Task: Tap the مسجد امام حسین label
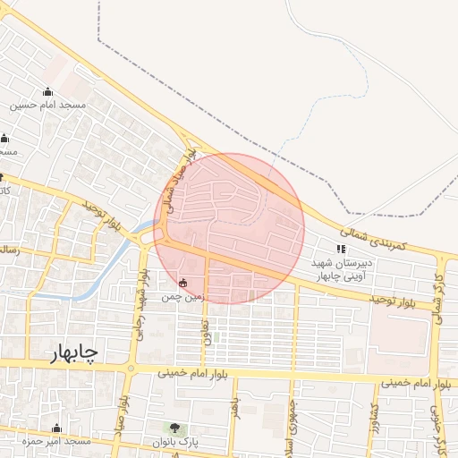(48, 106)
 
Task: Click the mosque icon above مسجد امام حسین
(47, 92)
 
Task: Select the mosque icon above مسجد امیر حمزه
(57, 428)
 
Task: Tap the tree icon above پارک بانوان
(174, 428)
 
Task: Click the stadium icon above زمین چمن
(183, 283)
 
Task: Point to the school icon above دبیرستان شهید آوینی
(340, 249)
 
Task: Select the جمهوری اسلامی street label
(291, 427)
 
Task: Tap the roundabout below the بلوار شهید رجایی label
(131, 369)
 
